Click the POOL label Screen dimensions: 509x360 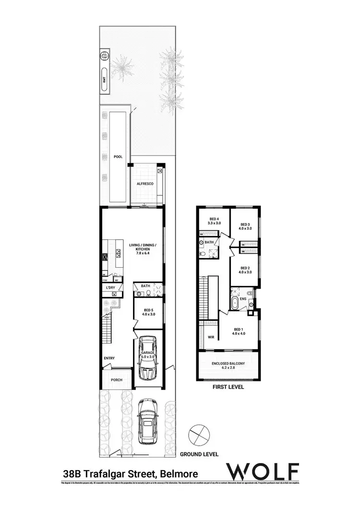click(118, 157)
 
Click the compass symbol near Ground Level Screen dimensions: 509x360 click(198, 435)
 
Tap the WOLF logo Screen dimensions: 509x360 click(264, 471)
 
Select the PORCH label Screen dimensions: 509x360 click(117, 380)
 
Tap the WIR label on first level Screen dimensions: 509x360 click(210, 337)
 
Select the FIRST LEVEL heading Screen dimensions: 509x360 click(228, 386)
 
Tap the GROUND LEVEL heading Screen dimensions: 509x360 click(199, 454)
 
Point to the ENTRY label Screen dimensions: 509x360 click(109, 358)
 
